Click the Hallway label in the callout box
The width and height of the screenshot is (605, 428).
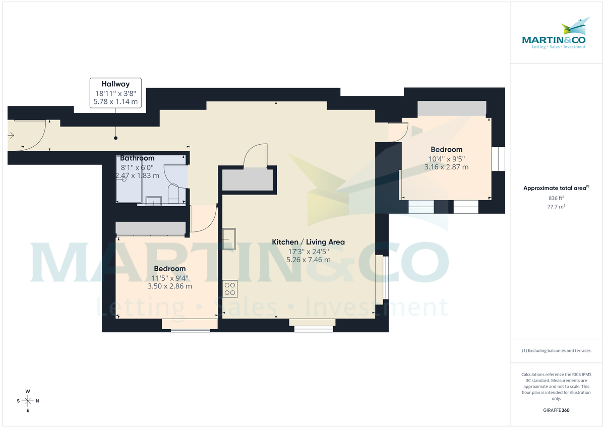[115, 84]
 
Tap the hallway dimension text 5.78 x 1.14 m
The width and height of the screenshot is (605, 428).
[115, 101]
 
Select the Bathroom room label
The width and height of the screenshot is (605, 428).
[137, 158]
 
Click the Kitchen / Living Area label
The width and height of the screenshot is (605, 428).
[308, 242]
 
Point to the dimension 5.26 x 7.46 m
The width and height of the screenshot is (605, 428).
[308, 260]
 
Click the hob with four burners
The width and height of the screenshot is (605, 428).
[230, 289]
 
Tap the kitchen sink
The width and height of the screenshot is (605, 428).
[230, 239]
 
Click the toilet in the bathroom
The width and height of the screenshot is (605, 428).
[173, 195]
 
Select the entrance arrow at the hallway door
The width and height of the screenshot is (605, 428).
[11, 135]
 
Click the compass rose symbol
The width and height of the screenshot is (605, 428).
[28, 401]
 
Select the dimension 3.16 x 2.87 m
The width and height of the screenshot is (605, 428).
[446, 167]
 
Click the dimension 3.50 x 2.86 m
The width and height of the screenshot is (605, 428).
[169, 286]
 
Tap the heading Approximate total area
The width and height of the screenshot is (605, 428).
[555, 188]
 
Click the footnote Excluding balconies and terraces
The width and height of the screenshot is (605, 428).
[556, 350]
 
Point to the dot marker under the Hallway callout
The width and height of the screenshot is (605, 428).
[115, 138]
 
